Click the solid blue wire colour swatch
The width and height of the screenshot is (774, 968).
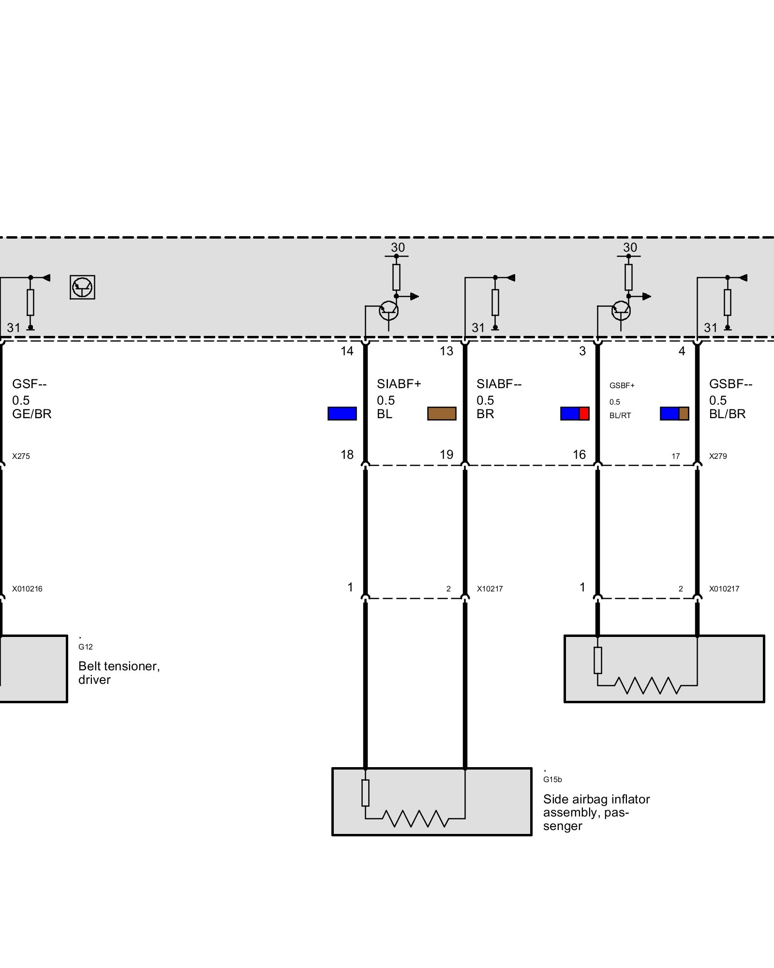click(342, 413)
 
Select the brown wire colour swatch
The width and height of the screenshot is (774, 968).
click(442, 413)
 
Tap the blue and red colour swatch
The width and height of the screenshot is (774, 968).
click(575, 413)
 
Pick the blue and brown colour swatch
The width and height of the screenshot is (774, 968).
click(674, 413)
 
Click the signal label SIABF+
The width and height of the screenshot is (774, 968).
click(399, 384)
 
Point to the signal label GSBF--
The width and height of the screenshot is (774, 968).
click(730, 384)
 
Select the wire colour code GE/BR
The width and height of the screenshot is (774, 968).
click(32, 414)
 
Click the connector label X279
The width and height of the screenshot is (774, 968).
click(718, 456)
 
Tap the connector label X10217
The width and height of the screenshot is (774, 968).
click(490, 589)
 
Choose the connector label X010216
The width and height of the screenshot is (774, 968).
click(27, 589)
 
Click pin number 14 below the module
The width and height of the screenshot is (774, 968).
click(347, 351)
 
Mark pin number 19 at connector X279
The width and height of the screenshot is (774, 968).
click(446, 454)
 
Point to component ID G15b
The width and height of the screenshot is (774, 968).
click(552, 780)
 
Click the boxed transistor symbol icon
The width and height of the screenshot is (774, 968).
click(82, 287)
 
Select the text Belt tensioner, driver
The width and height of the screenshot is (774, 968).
click(119, 673)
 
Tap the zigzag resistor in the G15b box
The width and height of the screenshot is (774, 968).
click(416, 818)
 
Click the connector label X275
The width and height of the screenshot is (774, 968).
click(21, 456)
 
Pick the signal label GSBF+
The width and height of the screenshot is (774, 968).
click(622, 386)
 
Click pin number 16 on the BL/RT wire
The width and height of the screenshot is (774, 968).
click(579, 454)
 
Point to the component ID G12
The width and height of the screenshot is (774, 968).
click(85, 647)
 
